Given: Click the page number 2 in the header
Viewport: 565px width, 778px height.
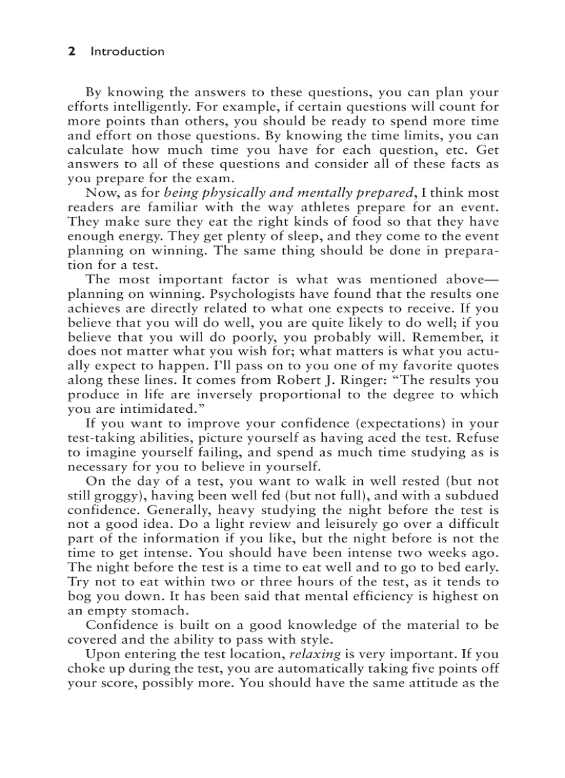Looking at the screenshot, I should pos(71,51).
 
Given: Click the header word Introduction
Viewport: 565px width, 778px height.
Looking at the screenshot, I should pos(127,51).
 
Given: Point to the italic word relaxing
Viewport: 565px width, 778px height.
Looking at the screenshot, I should pos(315,653).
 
